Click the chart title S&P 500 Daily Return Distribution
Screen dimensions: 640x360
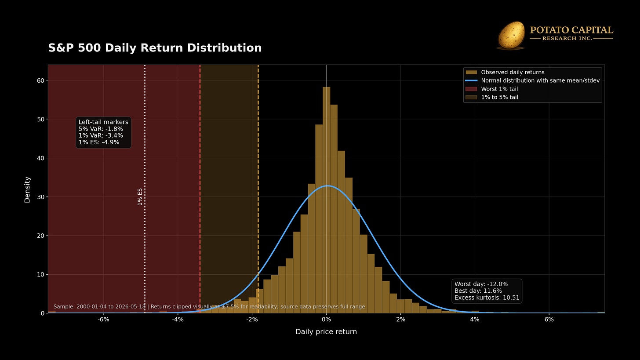tap(155, 48)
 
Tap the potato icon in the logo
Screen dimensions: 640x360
tap(511, 35)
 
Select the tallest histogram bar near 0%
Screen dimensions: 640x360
tap(327, 200)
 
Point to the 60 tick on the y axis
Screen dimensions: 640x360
tap(40, 80)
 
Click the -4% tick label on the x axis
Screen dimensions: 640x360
tap(178, 320)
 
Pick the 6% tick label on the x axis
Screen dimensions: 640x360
tap(549, 320)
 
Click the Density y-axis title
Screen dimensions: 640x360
tap(27, 190)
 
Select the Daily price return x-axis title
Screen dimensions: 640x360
tap(326, 332)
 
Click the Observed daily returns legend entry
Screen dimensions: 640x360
tap(505, 72)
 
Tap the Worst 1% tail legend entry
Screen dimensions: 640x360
tap(492, 89)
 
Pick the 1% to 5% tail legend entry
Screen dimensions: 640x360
tap(492, 97)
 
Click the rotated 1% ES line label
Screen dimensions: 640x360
tap(140, 197)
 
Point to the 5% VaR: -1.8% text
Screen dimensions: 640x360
tap(101, 129)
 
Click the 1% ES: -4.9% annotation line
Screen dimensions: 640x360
tap(99, 142)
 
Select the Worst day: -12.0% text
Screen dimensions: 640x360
tap(481, 284)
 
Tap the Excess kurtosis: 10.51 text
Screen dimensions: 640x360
tap(487, 298)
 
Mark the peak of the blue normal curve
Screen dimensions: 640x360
tap(328, 185)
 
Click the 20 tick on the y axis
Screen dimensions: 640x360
tap(40, 236)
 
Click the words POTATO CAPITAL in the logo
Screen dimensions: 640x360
tap(571, 30)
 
